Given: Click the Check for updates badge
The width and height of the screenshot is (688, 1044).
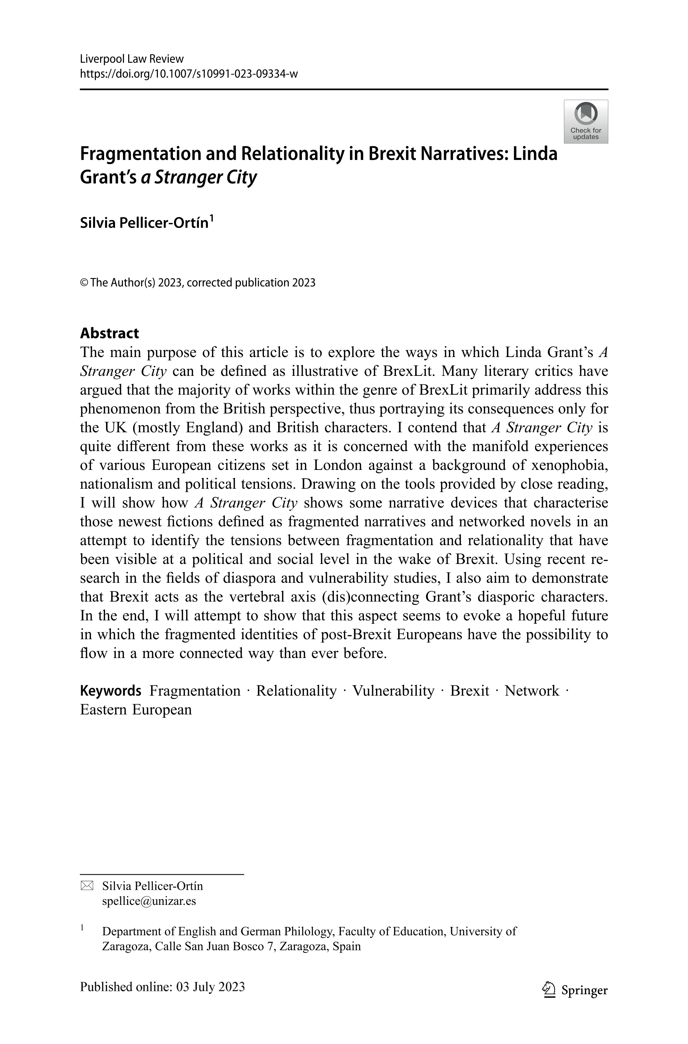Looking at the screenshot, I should point(585,122).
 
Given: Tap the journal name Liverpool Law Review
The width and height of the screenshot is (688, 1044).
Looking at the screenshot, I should point(132,59).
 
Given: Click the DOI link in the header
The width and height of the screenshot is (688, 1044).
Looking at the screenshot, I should point(189,74).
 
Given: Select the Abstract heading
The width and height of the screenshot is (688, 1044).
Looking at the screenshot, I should point(109,333).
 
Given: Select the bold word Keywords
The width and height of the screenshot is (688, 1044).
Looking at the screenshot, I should point(111,691).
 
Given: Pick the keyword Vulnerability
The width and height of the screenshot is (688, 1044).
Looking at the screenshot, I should point(393,691).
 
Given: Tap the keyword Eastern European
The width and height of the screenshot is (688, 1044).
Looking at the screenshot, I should point(136,710).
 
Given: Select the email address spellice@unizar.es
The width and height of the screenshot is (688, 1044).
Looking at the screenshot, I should point(149,901).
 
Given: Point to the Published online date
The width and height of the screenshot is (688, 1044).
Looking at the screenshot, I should point(162,987).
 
